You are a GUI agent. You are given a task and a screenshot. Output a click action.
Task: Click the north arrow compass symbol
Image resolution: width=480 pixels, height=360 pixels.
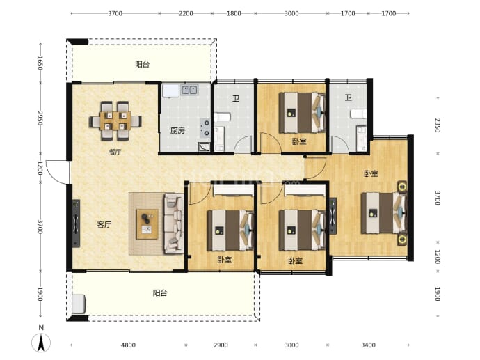[41, 343]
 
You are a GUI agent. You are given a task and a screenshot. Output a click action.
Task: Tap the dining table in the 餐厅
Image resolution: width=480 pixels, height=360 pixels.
[115, 120]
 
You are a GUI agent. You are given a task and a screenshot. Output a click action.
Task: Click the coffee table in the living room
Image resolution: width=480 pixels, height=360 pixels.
[147, 224]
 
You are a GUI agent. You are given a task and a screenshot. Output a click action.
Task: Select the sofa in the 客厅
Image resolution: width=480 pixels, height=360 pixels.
[174, 224]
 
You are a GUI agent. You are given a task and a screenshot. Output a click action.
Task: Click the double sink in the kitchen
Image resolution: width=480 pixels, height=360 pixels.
[189, 90]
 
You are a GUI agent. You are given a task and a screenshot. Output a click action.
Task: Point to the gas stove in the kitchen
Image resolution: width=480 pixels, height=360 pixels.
[205, 128]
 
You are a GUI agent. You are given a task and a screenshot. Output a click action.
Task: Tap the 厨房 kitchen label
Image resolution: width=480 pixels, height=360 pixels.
[177, 131]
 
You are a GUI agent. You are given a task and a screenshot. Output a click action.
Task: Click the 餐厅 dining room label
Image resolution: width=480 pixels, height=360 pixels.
[115, 152]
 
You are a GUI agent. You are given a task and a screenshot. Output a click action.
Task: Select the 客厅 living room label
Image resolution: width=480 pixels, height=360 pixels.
[104, 225]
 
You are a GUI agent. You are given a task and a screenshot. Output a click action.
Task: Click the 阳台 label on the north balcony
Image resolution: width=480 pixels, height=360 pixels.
[143, 64]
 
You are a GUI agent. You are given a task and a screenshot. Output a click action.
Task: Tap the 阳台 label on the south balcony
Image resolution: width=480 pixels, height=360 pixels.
[160, 293]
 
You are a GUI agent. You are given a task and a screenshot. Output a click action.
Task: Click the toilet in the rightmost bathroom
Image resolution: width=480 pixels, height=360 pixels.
[358, 114]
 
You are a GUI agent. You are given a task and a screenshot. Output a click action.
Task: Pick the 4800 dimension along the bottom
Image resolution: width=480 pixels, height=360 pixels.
[128, 345]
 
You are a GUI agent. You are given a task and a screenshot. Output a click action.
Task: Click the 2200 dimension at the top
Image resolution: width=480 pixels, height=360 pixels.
[186, 13]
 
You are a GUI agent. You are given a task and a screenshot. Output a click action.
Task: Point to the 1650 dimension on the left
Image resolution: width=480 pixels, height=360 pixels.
[40, 63]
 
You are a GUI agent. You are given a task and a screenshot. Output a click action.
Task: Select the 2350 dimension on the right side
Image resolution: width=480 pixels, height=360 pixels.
[438, 125]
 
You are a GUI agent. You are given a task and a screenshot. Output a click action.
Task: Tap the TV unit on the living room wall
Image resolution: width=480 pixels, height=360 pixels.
[76, 224]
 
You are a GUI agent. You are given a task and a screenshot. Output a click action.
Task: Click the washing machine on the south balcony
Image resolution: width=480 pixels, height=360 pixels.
[79, 304]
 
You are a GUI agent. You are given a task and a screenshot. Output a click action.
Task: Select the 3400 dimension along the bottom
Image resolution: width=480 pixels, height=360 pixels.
[368, 345]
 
